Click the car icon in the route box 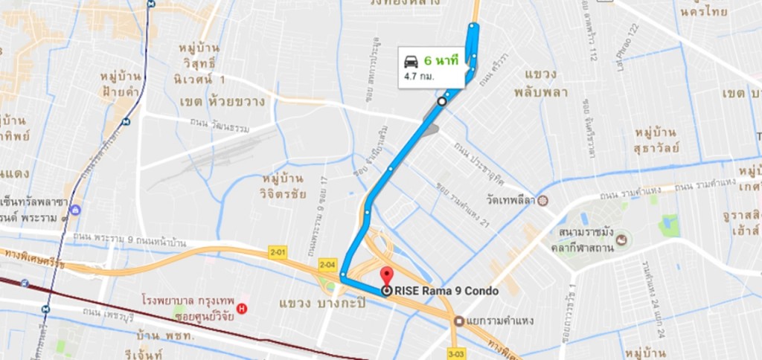point(410,61)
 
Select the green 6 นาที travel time point(441,60)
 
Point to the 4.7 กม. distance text point(420,76)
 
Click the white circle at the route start point(441,101)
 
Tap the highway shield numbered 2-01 point(278,253)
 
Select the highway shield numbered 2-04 point(327,264)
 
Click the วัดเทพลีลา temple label point(513,201)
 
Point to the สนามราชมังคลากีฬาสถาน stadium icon point(621,240)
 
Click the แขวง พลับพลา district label point(541,84)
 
